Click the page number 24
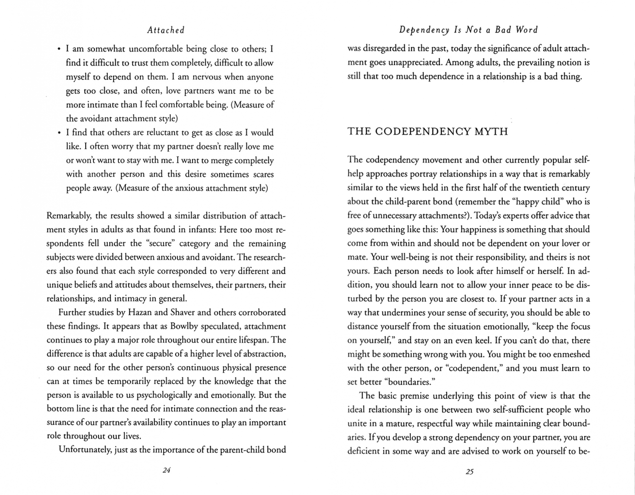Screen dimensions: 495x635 pos(166,470)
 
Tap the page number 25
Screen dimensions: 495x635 pos(469,471)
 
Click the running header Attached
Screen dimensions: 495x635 pos(166,30)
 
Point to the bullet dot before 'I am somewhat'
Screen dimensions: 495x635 pos(59,49)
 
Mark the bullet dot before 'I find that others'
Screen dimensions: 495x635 pos(59,133)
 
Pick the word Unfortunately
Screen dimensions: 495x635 pos(85,450)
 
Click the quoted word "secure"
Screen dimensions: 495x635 pos(160,243)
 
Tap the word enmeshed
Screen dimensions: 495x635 pos(569,354)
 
